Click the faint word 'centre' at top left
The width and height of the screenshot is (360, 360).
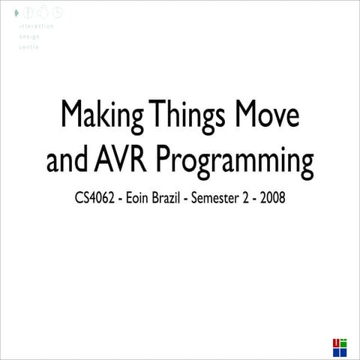[x=29, y=46]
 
